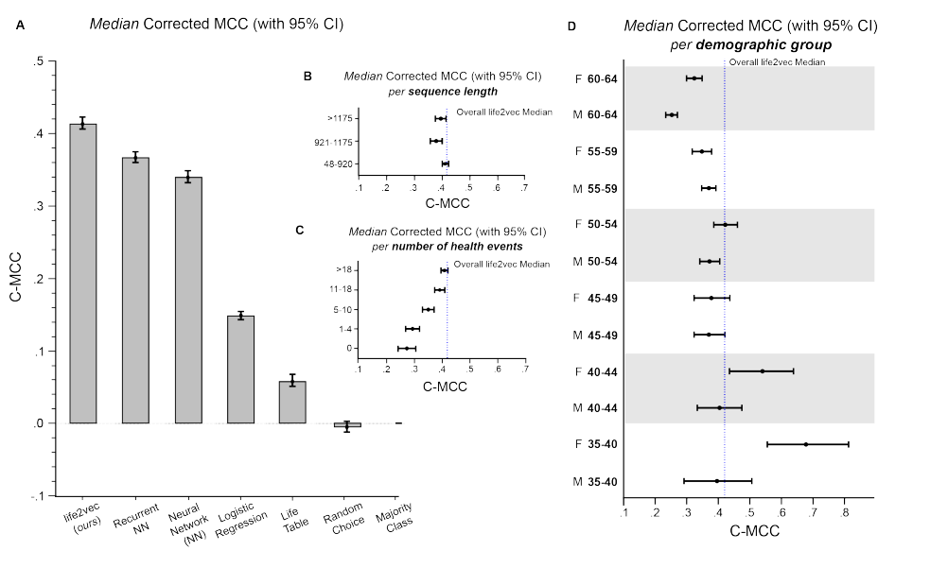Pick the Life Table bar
pyautogui.click(x=292, y=402)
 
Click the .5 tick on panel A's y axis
pyautogui.click(x=38, y=61)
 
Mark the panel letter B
pyautogui.click(x=307, y=75)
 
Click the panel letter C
pyautogui.click(x=299, y=230)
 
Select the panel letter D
pyautogui.click(x=571, y=26)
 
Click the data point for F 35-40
pyautogui.click(x=805, y=444)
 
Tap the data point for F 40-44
pyautogui.click(x=762, y=371)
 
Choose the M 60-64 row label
pyautogui.click(x=596, y=115)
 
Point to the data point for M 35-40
pyautogui.click(x=717, y=481)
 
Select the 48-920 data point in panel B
pyautogui.click(x=445, y=164)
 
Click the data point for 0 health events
pyautogui.click(x=406, y=348)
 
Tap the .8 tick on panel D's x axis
pyautogui.click(x=845, y=514)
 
